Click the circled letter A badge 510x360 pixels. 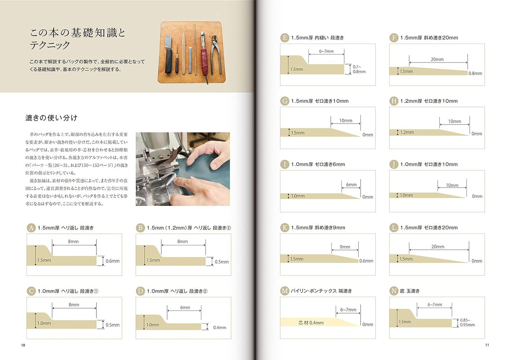coord(31,228)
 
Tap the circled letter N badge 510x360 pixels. coord(394,291)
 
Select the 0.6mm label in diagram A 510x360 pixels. coord(112,261)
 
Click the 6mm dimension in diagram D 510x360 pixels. coord(185,307)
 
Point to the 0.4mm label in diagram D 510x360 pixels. coord(219,327)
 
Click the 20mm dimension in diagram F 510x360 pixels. coord(437,59)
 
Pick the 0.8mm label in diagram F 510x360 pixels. coord(475,73)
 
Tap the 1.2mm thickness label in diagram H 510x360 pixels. coord(407,132)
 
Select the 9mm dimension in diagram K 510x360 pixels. coord(345,247)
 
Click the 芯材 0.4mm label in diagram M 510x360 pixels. coord(311,323)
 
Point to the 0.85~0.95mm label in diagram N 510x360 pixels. coord(467,323)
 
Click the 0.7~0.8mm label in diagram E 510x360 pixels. coord(359,69)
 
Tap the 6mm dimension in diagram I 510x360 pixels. coord(351,185)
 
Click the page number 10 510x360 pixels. coord(23,345)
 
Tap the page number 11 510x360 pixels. coord(487,345)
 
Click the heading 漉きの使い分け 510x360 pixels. coord(51,118)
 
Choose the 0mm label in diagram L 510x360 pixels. coord(477,261)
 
